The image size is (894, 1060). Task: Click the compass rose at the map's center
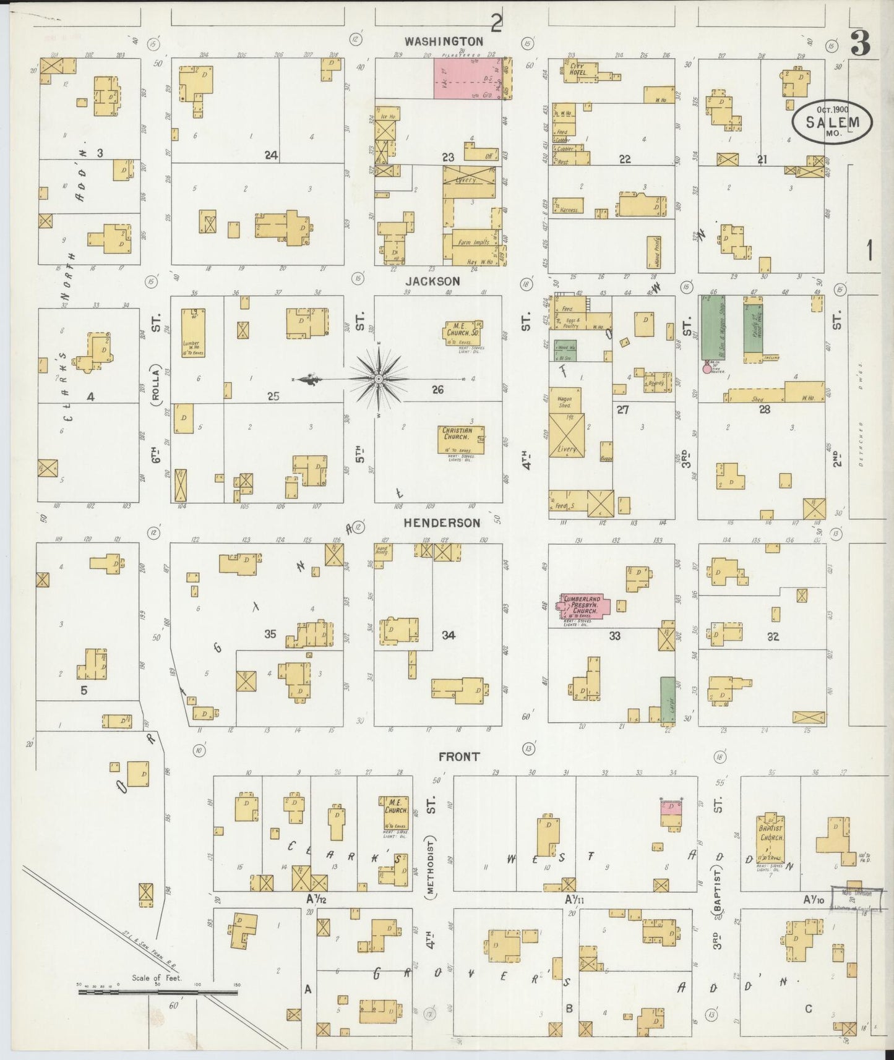(x=378, y=378)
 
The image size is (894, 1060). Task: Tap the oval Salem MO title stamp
(x=832, y=122)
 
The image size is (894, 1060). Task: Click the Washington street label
(x=444, y=41)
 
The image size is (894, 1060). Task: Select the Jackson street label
(x=438, y=281)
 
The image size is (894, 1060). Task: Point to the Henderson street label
(x=442, y=523)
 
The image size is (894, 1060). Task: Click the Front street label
(x=459, y=756)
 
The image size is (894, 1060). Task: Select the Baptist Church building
(x=772, y=839)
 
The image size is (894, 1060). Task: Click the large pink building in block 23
(x=466, y=78)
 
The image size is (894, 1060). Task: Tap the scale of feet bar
(x=158, y=992)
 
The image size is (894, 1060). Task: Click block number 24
(x=271, y=155)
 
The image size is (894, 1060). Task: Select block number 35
(x=270, y=633)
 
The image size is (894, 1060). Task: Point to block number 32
(x=773, y=636)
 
